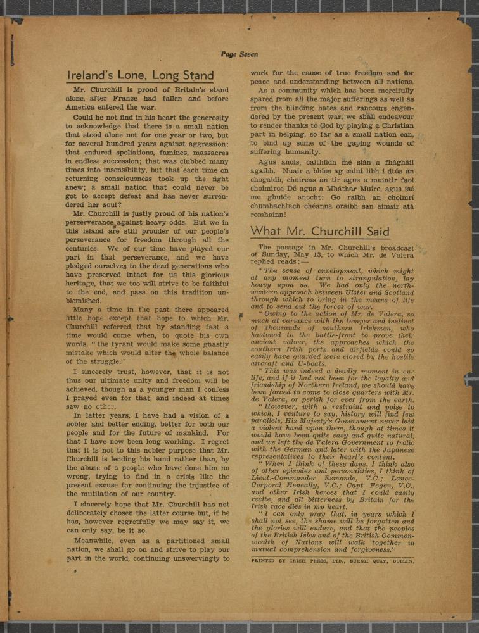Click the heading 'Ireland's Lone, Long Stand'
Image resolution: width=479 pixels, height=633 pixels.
(140, 76)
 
